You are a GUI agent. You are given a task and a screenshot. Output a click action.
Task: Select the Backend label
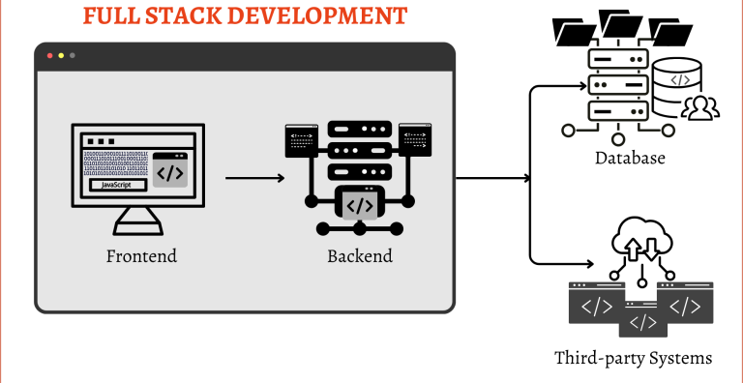click(x=359, y=256)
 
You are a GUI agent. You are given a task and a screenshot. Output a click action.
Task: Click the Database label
click(x=630, y=158)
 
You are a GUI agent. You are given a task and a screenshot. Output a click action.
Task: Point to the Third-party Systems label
click(x=633, y=358)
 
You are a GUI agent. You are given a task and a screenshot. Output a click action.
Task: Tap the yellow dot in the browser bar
click(x=59, y=55)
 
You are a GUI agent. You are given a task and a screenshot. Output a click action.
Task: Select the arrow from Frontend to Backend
click(x=253, y=178)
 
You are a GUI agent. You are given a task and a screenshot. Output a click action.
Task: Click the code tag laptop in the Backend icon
click(x=359, y=205)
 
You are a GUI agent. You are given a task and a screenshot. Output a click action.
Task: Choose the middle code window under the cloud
click(x=642, y=320)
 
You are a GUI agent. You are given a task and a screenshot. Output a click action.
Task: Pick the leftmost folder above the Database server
click(x=574, y=32)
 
